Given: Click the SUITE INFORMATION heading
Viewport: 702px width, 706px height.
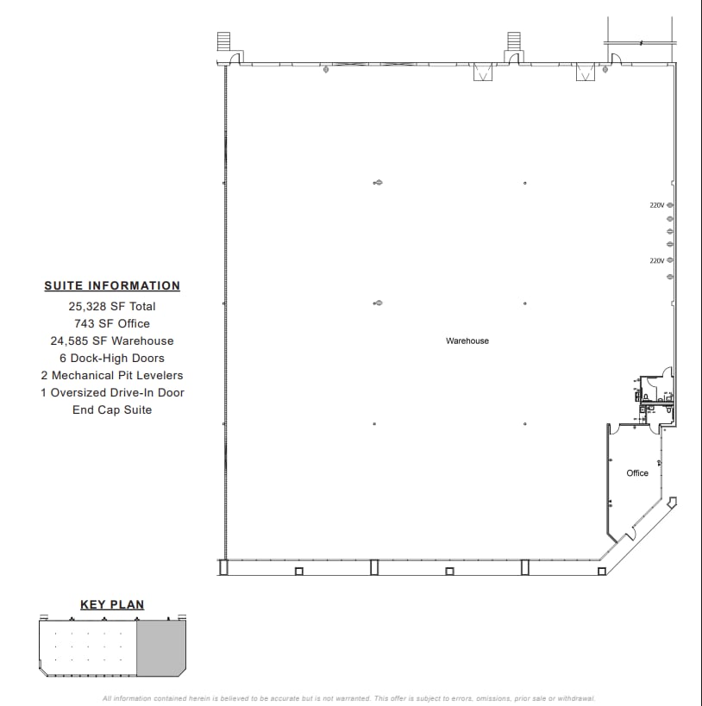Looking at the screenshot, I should [x=112, y=286].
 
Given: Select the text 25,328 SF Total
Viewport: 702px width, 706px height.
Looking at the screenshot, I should [x=112, y=306].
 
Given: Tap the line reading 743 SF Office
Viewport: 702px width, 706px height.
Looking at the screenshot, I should [x=112, y=323].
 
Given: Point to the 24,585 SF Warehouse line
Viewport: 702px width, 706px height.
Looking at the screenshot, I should [x=112, y=341].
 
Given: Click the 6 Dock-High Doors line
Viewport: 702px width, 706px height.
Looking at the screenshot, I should [x=112, y=358].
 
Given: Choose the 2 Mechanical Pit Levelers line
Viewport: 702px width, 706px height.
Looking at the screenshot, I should [x=112, y=375].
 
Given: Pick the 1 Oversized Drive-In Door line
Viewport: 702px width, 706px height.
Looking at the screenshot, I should [x=112, y=392].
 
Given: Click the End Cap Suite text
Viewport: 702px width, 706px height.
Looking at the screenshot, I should [x=112, y=409].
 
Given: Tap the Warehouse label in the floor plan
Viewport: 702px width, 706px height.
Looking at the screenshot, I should [x=467, y=341].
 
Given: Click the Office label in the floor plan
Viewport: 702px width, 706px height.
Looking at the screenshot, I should [x=637, y=473].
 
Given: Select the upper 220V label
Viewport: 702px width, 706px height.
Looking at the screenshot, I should [x=657, y=205].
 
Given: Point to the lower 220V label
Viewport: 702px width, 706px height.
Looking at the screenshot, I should [x=657, y=260].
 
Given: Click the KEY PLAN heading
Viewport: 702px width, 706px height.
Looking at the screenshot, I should [x=112, y=605].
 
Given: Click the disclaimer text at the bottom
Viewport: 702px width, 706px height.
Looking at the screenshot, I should [x=349, y=698].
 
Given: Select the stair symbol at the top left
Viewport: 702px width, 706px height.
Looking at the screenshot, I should [x=224, y=41].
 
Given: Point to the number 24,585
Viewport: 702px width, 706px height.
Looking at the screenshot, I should [x=71, y=341].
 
